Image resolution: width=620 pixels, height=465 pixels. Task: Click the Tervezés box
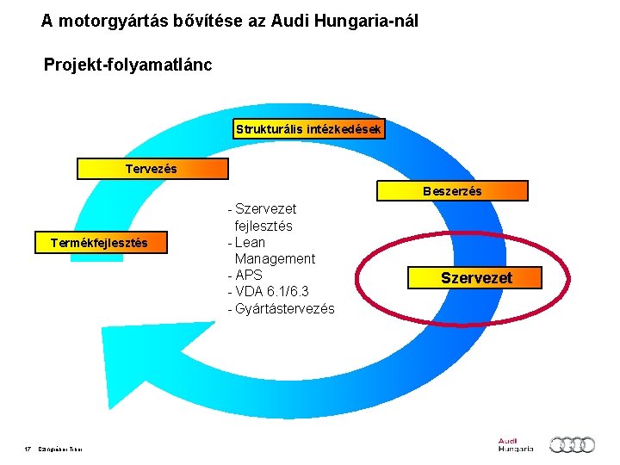[152, 169]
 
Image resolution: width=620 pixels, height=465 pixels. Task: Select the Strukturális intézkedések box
[308, 129]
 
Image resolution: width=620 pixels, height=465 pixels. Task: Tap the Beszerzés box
[452, 190]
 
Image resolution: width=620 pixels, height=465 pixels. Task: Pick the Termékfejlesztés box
[99, 243]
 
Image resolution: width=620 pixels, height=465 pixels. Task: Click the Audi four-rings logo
[572, 444]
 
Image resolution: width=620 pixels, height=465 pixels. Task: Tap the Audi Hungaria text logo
[515, 445]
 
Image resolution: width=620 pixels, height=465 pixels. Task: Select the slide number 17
[28, 449]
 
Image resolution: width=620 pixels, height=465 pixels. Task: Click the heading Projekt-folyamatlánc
[127, 65]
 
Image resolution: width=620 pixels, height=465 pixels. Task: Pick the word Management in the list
[275, 259]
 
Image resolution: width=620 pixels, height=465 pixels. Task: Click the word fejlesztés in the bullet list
[263, 226]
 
